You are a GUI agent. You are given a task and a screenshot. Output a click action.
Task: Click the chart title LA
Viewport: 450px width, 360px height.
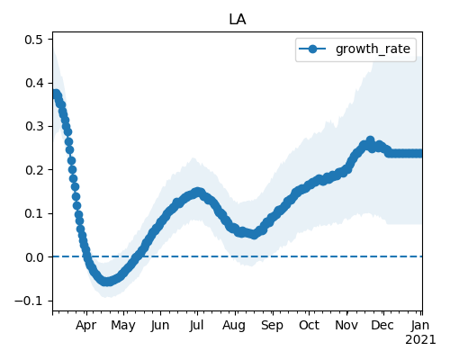pos(238,20)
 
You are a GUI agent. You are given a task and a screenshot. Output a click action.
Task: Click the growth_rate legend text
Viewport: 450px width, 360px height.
pos(373,49)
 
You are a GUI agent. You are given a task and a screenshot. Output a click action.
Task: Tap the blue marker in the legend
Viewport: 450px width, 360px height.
pos(312,49)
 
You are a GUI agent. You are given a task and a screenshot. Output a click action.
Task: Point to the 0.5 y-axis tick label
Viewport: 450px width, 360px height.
pos(34,40)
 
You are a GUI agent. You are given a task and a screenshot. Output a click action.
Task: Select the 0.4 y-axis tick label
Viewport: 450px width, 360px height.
pos(34,83)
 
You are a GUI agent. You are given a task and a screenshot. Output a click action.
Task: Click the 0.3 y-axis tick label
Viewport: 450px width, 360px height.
pos(34,126)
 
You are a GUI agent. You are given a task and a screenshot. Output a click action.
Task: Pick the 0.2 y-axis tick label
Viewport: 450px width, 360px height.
pos(34,170)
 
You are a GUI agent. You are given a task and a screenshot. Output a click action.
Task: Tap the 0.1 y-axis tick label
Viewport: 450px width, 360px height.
pos(34,213)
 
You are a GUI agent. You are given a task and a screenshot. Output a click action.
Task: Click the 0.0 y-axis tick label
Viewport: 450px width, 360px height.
pos(34,257)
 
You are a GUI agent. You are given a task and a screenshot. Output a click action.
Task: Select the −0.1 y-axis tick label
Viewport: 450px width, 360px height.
pos(29,301)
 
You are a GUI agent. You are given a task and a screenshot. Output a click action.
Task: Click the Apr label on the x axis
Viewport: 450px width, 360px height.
pos(85,326)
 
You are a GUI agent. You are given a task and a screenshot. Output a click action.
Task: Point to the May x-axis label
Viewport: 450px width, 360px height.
pos(123,326)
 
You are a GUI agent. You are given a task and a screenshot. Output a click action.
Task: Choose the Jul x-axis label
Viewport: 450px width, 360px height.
pos(196,325)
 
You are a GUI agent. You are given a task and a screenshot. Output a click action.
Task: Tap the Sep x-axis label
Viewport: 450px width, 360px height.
pos(272,326)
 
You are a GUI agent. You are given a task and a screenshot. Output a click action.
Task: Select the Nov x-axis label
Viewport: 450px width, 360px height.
pos(346,325)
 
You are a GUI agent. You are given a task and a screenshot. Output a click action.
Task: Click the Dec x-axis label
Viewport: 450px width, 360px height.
pos(382,325)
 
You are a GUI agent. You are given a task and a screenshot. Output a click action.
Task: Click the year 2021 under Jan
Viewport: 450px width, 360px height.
pos(420,340)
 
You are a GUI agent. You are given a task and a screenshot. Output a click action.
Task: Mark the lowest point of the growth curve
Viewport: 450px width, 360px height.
pos(107,282)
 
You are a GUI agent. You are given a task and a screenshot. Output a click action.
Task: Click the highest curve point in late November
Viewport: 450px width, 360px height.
pos(371,140)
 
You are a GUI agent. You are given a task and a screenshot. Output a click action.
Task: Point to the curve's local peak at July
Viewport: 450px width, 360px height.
pos(197,192)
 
